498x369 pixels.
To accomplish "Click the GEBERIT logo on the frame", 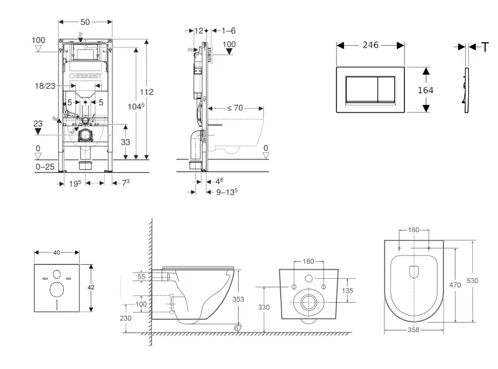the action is [x=86, y=76].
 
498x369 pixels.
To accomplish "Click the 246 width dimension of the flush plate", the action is [x=370, y=45].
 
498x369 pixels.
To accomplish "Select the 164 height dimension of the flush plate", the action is [x=425, y=90].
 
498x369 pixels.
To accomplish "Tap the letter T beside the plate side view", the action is [x=485, y=47].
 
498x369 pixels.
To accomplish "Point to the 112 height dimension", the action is [x=147, y=92].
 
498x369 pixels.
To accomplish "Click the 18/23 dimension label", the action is [x=45, y=86].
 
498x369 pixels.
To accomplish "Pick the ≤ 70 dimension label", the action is [x=235, y=108].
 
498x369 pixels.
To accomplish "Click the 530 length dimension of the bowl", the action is [x=472, y=281].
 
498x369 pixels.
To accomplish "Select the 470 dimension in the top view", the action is [x=455, y=285].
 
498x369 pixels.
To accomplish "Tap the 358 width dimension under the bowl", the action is [x=414, y=330].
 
